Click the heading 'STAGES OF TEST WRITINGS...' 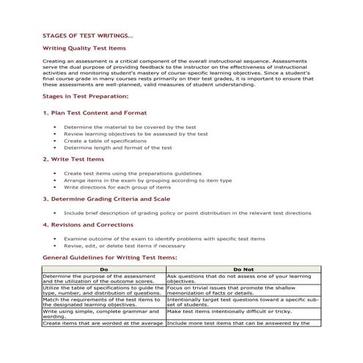(88, 35)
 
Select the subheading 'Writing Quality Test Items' (84, 48)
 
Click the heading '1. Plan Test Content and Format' (95, 113)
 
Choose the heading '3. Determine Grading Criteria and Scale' (106, 198)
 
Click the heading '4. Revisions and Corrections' (88, 224)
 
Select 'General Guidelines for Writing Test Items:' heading (109, 258)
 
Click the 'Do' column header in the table (103, 269)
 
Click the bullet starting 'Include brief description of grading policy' (187, 213)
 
